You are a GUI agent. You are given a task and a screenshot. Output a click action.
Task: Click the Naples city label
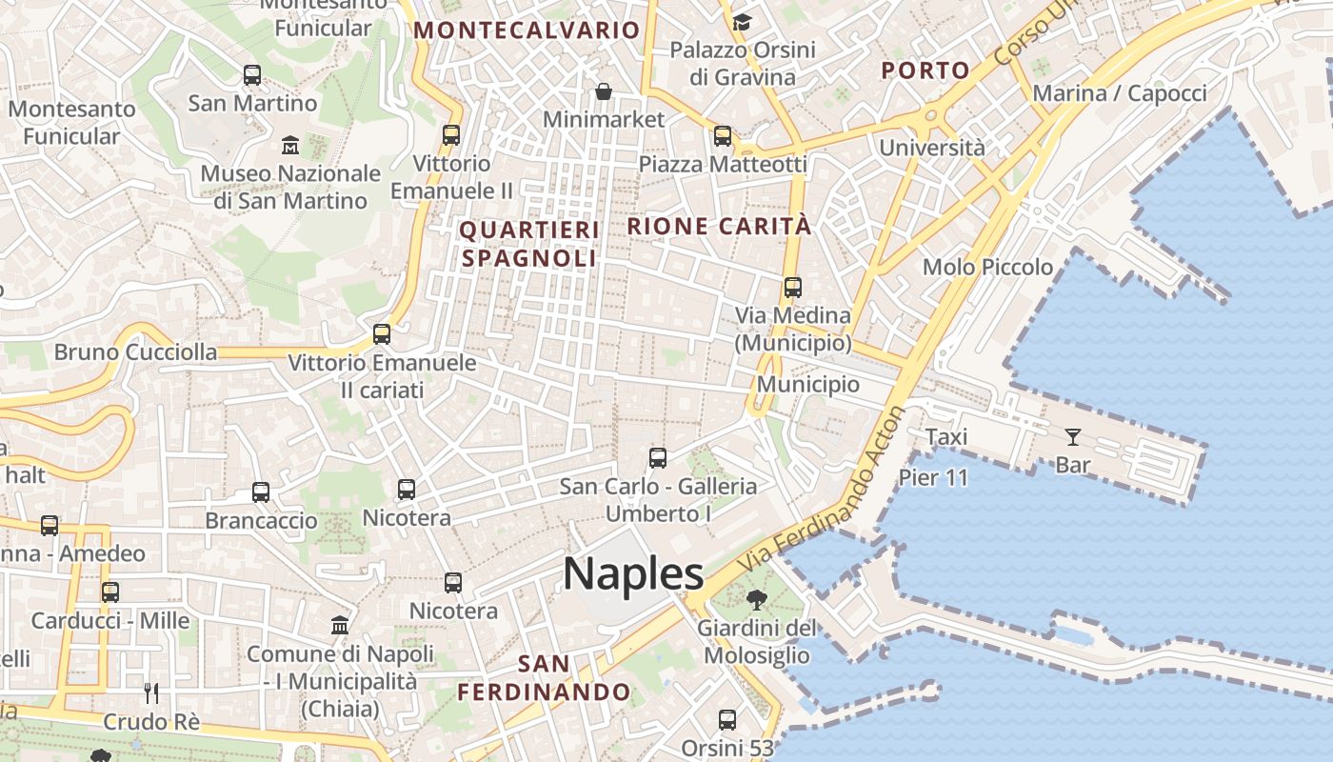[x=633, y=574]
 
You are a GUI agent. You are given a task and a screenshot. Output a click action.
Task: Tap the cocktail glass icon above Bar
[x=1073, y=437]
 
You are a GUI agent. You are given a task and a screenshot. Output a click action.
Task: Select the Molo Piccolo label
[x=987, y=267]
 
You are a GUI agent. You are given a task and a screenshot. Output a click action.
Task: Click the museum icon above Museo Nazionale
[x=290, y=146]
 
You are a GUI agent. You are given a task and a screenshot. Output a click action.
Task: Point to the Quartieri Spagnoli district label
[x=529, y=244]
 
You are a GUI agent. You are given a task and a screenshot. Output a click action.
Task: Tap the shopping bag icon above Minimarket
[x=604, y=91]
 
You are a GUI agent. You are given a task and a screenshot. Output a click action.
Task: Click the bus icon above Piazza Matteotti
[x=723, y=136]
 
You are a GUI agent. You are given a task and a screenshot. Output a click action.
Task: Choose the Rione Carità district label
[x=719, y=226]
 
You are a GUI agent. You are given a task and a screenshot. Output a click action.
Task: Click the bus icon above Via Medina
[x=792, y=287]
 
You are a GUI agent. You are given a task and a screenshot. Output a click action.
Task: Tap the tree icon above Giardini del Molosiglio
[x=757, y=600]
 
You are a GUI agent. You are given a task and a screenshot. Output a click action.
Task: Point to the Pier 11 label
[x=933, y=477]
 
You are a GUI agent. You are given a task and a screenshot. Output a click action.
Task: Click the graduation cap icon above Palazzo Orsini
[x=742, y=21]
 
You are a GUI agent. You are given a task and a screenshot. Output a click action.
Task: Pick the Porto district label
[x=925, y=70]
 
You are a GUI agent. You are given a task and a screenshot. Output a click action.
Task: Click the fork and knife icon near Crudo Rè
[x=150, y=692]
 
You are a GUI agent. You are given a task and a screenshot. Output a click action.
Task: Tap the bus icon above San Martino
[x=252, y=74]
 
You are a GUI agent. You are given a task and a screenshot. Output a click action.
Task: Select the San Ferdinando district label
[x=544, y=677]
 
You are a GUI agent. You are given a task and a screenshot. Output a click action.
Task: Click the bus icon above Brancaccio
[x=261, y=492]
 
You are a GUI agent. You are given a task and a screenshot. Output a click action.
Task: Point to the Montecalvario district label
[x=526, y=30]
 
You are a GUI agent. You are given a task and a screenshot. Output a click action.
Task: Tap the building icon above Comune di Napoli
[x=340, y=626]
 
